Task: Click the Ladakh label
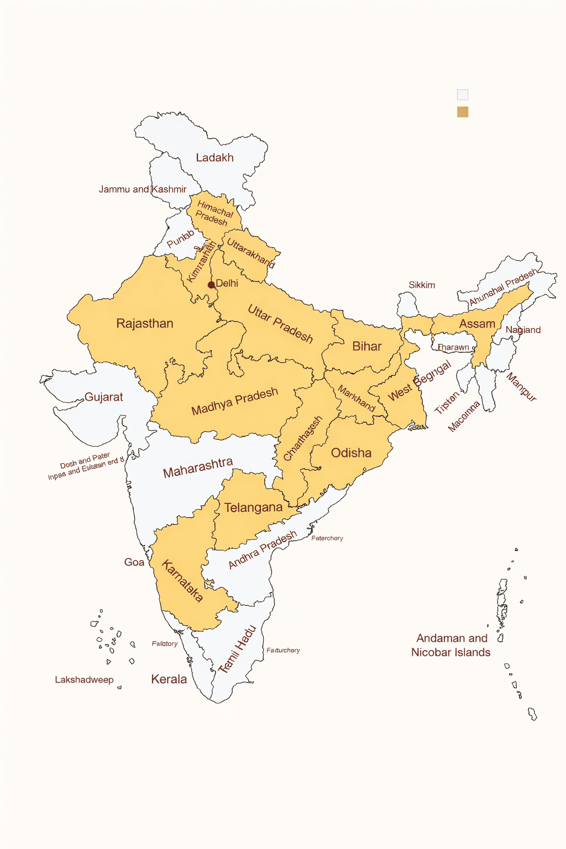(x=214, y=158)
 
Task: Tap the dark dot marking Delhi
(x=211, y=285)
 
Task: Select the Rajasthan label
(x=145, y=324)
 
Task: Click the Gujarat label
(x=103, y=397)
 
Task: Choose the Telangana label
(x=253, y=507)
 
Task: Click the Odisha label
(x=351, y=453)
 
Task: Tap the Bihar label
(x=367, y=347)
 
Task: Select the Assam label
(x=477, y=324)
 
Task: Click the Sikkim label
(x=422, y=285)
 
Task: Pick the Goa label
(x=134, y=562)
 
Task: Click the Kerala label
(x=169, y=679)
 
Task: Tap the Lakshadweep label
(x=84, y=680)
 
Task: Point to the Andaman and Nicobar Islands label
(x=451, y=646)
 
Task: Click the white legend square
(x=463, y=95)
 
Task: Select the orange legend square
(x=463, y=112)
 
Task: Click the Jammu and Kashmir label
(x=143, y=190)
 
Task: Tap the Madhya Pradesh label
(x=234, y=402)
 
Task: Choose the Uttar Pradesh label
(x=280, y=324)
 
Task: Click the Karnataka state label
(x=182, y=580)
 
